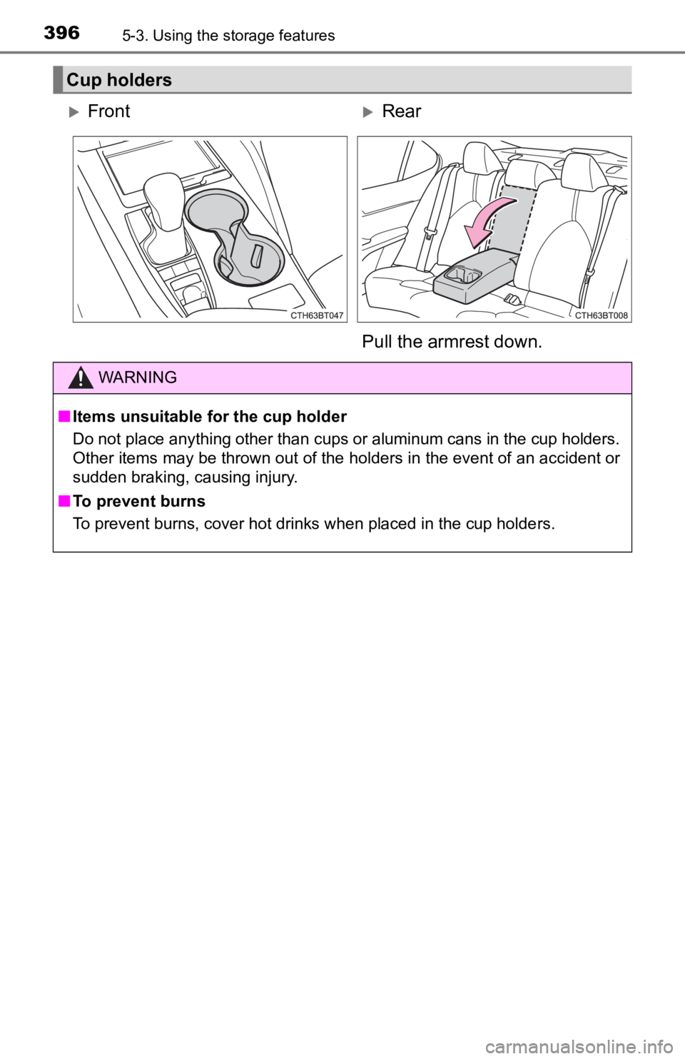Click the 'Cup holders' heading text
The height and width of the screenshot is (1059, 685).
tap(118, 80)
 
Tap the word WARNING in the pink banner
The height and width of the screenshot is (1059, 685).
tap(139, 378)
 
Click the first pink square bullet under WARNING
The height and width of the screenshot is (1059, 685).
tap(63, 417)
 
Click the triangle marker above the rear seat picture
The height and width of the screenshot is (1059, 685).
tap(366, 112)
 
